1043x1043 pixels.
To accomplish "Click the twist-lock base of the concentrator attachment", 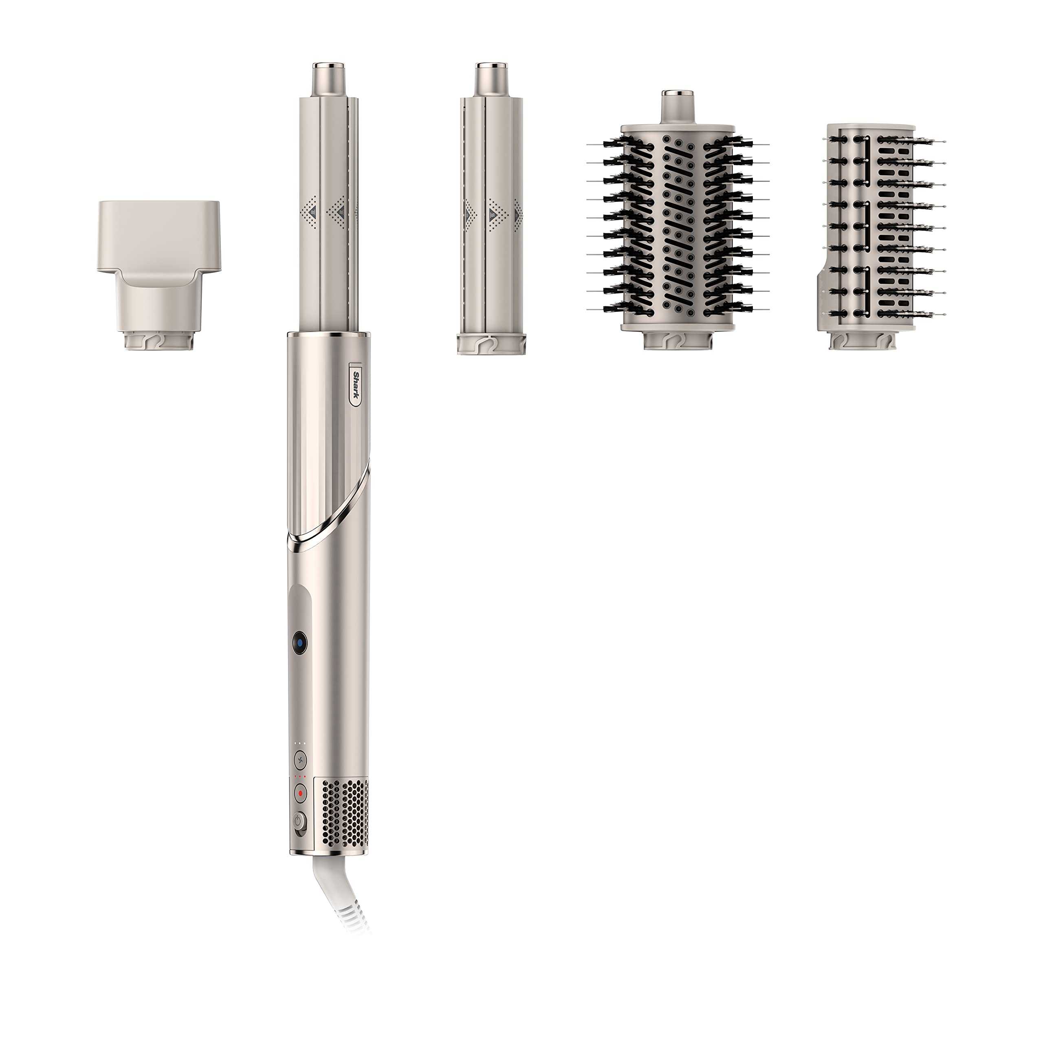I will coord(159,341).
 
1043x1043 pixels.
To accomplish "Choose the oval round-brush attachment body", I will coord(678,227).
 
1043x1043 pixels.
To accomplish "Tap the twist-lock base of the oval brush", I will coord(678,340).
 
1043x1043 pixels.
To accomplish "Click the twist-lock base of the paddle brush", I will coord(862,340).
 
